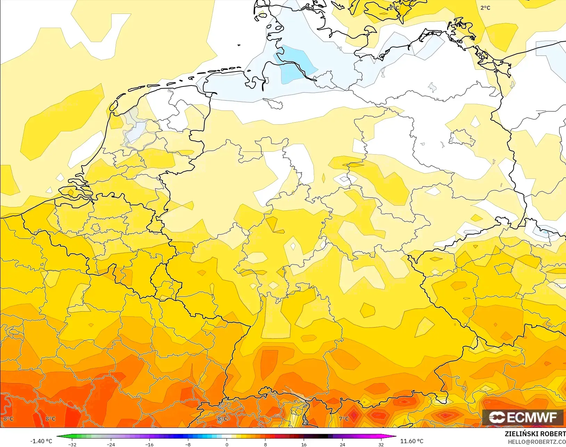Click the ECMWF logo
pos(523,417)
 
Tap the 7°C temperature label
pos(344,419)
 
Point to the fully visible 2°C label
pos(485,8)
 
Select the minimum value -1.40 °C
pos(41,441)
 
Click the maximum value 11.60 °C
pos(412,441)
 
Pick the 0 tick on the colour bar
pos(227,444)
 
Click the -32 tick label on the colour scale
pos(72,444)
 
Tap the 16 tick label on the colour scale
pos(304,444)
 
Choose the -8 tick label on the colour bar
pos(188,444)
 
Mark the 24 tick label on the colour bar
pos(342,444)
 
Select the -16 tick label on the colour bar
pos(149,444)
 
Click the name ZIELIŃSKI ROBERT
pos(535,434)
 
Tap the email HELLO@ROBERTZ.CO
pos(537,442)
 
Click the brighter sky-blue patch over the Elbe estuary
pos(294,64)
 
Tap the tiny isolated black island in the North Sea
pos(239,45)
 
